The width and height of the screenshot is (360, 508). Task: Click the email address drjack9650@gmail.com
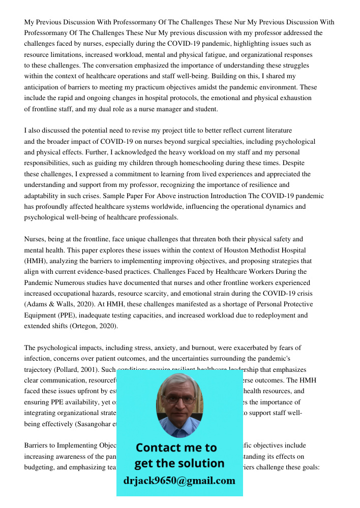(x=179, y=481)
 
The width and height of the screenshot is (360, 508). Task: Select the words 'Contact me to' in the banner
(x=176, y=448)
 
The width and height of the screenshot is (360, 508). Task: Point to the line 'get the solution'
(x=179, y=463)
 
